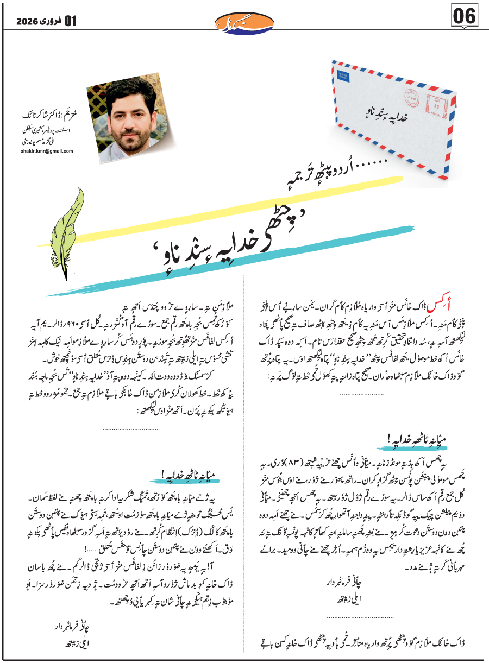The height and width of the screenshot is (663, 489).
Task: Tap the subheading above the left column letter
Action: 191,474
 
